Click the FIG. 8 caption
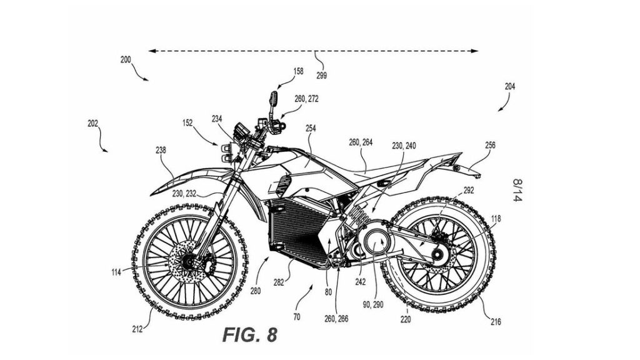[250, 335]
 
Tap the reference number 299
[321, 76]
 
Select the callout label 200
[125, 59]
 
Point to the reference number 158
[298, 71]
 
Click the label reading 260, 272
[306, 99]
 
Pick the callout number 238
[161, 150]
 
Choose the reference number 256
[490, 145]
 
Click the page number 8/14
[517, 190]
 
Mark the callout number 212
[137, 329]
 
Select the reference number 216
[495, 322]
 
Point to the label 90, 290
[373, 304]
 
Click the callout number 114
[116, 272]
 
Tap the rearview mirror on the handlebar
[272, 99]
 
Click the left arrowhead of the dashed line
[151, 51]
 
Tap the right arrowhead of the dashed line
[475, 51]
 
